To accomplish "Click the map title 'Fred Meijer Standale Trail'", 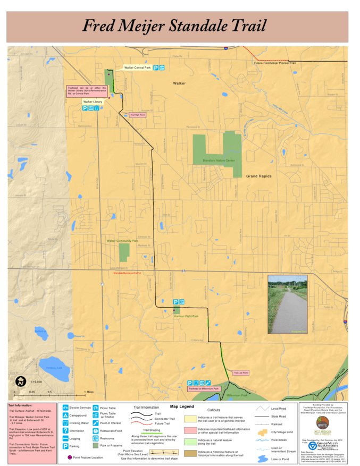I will (174, 26).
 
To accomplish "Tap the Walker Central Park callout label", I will (137, 67).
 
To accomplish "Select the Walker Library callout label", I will (93, 101).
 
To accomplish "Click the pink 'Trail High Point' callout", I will (138, 114).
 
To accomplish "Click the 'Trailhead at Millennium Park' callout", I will (203, 389).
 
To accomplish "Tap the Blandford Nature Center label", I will (219, 160).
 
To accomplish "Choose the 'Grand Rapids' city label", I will (258, 176).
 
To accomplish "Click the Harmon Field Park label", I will (186, 316).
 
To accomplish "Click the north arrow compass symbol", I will (20, 381).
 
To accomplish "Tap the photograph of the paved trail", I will (287, 304).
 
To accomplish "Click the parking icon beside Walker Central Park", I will (156, 67).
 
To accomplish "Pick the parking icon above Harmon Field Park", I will (175, 302).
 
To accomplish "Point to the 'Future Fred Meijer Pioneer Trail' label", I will (274, 63).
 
